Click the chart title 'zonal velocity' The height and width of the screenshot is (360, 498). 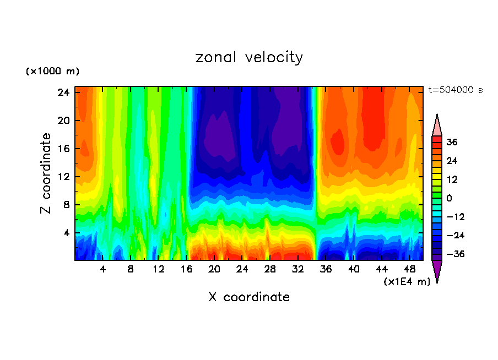point(249,58)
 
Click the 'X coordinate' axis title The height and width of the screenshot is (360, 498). point(249,297)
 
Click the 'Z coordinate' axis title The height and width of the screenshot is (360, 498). point(47,173)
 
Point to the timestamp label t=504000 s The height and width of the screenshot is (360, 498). point(455,90)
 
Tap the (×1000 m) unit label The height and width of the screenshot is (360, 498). point(52,72)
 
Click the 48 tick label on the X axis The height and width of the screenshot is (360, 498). point(410,270)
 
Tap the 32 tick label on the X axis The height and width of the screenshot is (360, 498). point(298,270)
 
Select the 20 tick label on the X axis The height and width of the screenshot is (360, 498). point(214,270)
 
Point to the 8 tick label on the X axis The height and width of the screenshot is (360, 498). point(131,270)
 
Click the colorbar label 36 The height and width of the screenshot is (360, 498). point(452,142)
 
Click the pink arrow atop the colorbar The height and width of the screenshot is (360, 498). point(437,126)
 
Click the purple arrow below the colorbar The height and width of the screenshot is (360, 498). point(437,270)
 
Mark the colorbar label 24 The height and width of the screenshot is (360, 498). point(452,161)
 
